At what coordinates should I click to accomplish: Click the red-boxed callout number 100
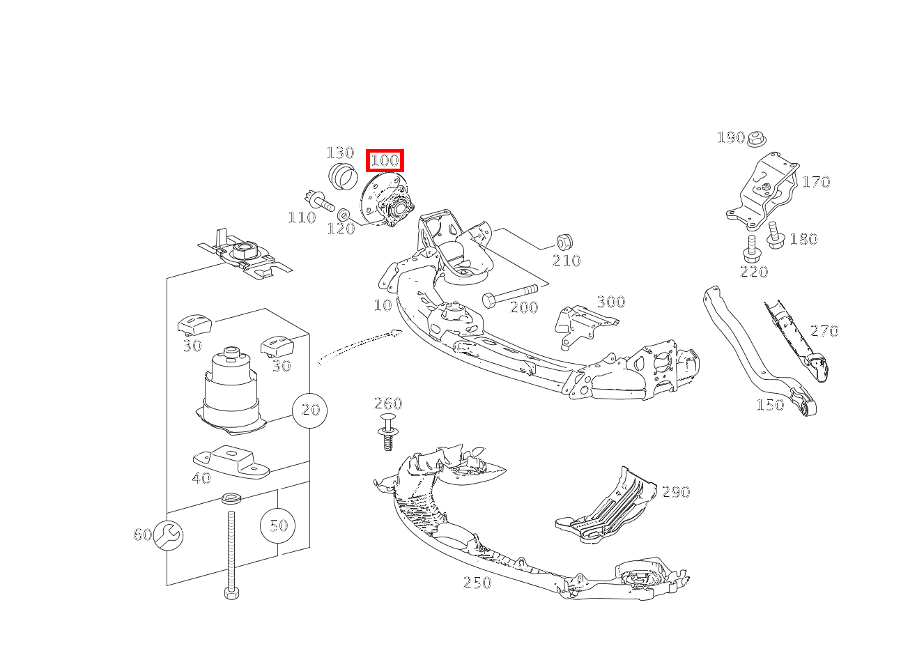385,161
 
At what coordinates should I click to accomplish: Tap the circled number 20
309,410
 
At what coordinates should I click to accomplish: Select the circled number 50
277,525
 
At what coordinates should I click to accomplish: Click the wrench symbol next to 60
169,535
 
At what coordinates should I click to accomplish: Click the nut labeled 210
564,243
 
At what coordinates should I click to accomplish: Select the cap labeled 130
341,177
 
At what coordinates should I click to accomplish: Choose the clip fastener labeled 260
388,432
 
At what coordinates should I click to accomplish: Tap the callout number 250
477,583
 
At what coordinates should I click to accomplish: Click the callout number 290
675,492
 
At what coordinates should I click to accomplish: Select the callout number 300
611,302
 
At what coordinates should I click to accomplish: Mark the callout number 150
770,404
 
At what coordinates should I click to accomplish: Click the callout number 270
824,330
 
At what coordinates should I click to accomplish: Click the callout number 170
816,182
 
